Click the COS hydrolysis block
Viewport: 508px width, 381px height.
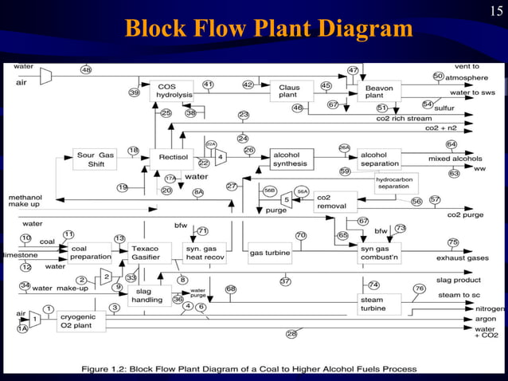(x=171, y=91)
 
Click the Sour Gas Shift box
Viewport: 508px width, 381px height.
(x=96, y=159)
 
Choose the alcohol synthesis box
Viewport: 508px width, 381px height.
(x=291, y=159)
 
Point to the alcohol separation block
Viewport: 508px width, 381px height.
(x=379, y=159)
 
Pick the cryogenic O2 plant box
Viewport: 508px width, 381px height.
(x=80, y=320)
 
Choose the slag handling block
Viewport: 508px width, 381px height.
(x=149, y=296)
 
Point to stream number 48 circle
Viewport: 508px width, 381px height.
(x=85, y=70)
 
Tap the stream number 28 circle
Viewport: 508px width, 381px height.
(x=291, y=333)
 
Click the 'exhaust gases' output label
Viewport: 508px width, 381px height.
(x=462, y=257)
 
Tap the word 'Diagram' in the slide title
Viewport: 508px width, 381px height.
(x=364, y=29)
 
